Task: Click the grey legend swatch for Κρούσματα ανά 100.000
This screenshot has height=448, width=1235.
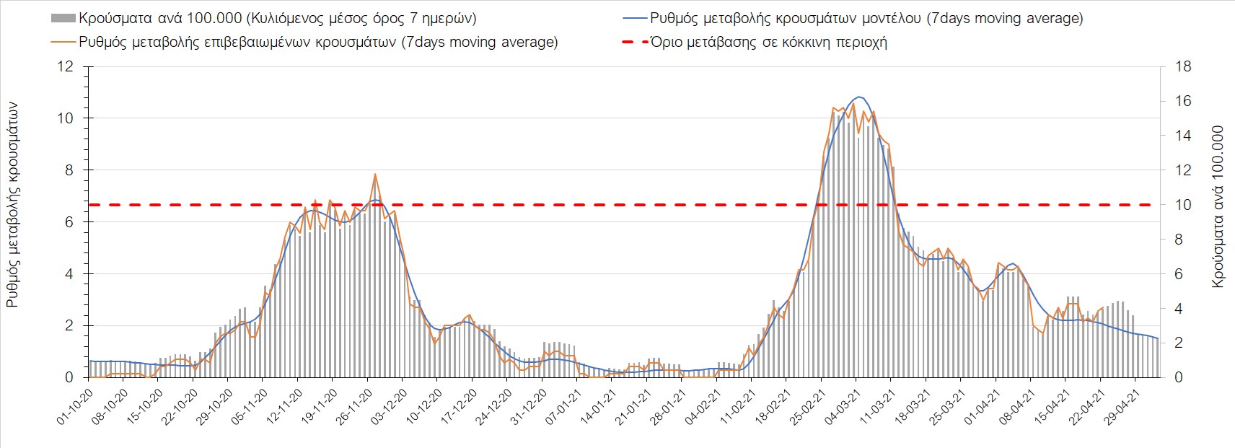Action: pyautogui.click(x=63, y=18)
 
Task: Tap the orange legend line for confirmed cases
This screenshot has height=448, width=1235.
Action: pyautogui.click(x=63, y=42)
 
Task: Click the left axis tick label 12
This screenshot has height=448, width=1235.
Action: pyautogui.click(x=66, y=67)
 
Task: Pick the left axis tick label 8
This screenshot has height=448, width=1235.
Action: pyautogui.click(x=69, y=170)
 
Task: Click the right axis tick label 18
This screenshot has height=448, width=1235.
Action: pyautogui.click(x=1184, y=67)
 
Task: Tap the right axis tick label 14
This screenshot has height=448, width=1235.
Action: pyautogui.click(x=1184, y=136)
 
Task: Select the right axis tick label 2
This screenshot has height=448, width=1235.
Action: pyautogui.click(x=1180, y=343)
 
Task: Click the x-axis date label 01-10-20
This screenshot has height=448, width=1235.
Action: pyautogui.click(x=75, y=408)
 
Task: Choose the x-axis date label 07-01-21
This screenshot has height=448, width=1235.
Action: pyautogui.click(x=563, y=408)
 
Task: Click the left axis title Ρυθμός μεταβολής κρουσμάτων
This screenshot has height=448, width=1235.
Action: pyautogui.click(x=12, y=205)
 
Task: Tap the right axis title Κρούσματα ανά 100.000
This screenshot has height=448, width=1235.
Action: pyautogui.click(x=1218, y=207)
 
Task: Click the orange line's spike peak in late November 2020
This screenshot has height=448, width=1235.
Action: pyautogui.click(x=375, y=175)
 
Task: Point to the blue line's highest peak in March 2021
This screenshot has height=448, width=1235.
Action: pyautogui.click(x=858, y=97)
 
